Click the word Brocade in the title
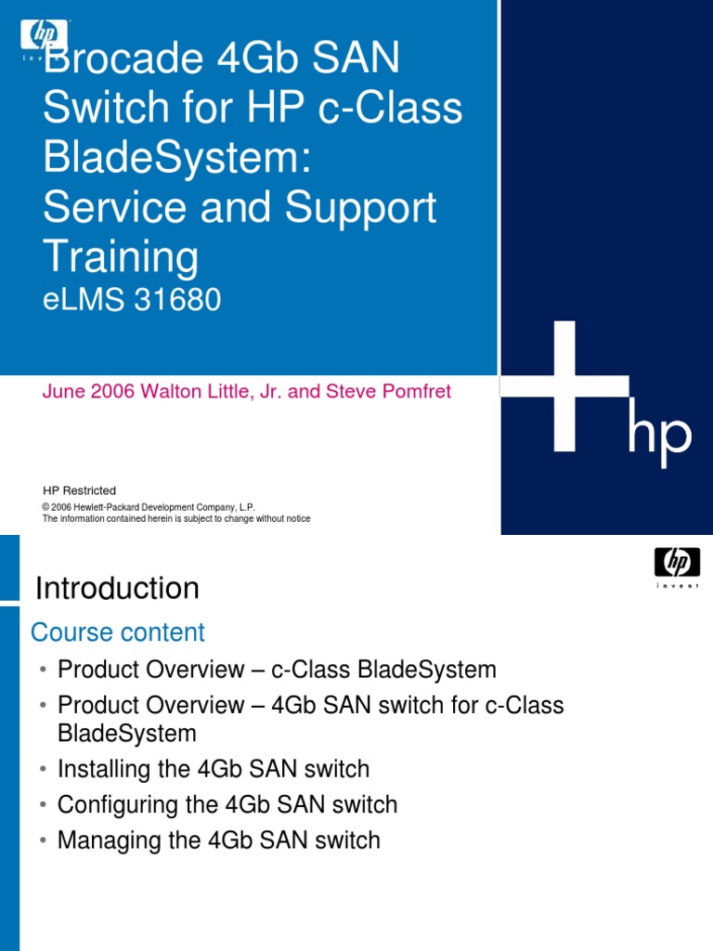(115, 60)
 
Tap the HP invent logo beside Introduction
(677, 564)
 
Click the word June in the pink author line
(62, 392)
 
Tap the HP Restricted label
(80, 490)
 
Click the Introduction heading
(117, 588)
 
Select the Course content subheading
(118, 632)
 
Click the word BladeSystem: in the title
(175, 159)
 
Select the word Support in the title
(361, 208)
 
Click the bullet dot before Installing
(44, 771)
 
